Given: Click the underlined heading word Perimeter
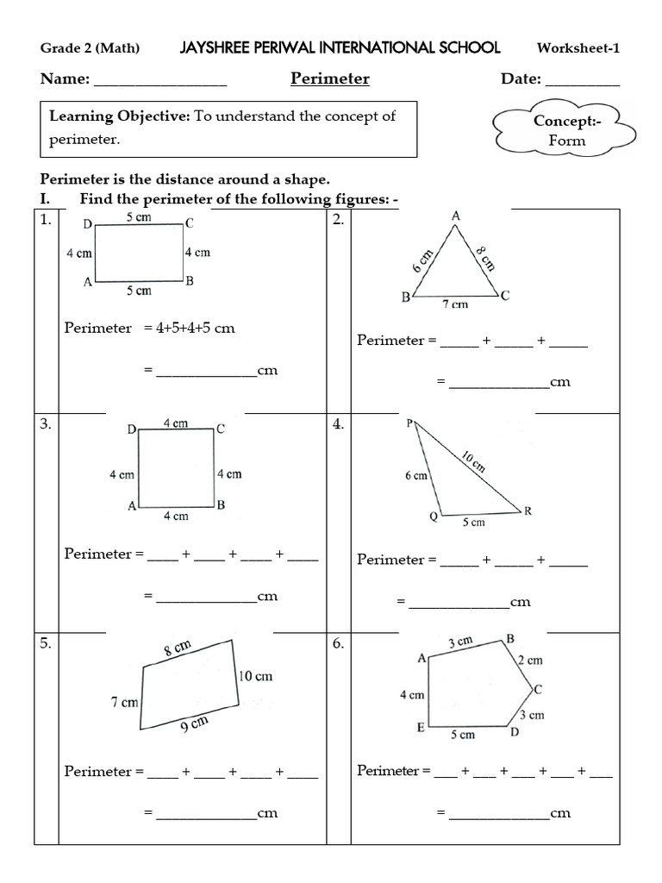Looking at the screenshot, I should [x=330, y=79].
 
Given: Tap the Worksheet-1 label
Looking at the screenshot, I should [x=578, y=48].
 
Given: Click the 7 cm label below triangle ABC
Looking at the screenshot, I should [x=455, y=304].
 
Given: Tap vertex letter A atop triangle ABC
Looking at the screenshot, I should [x=456, y=216].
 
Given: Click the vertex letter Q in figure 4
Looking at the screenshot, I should [x=434, y=517].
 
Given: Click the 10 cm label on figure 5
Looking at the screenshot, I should [x=255, y=676].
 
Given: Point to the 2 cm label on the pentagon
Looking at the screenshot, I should [x=530, y=661].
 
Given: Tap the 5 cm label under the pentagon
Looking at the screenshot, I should [x=463, y=735].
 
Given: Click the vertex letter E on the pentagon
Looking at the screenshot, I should [x=421, y=728].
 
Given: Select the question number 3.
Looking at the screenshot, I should [x=46, y=424].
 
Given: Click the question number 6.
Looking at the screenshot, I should [x=338, y=644].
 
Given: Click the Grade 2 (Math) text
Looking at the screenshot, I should [x=90, y=48].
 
